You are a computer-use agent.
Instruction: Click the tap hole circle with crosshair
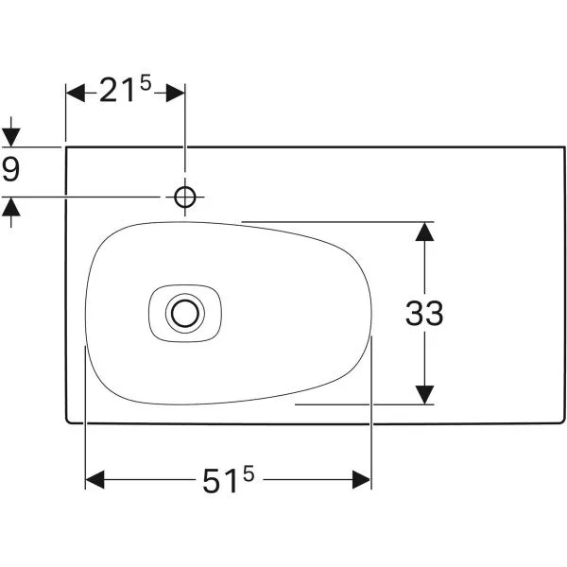(x=185, y=197)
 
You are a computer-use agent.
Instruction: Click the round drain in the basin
(x=185, y=311)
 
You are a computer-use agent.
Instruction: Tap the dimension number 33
(x=424, y=313)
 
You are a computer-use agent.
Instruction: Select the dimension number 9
(x=11, y=170)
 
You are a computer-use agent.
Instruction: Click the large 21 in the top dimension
(x=119, y=92)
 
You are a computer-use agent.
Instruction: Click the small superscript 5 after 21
(x=146, y=84)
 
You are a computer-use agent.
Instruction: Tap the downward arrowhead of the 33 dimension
(x=424, y=395)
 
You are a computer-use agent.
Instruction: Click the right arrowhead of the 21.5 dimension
(x=176, y=92)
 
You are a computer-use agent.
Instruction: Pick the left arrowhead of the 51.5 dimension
(x=94, y=481)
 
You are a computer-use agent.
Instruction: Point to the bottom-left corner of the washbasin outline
(x=66, y=421)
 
